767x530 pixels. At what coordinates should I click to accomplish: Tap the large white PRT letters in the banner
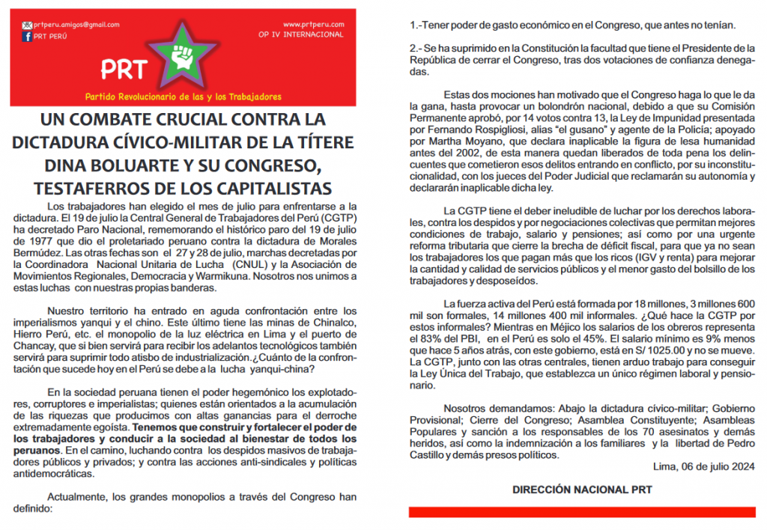point(124,70)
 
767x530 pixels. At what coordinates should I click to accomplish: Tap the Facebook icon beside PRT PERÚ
point(27,36)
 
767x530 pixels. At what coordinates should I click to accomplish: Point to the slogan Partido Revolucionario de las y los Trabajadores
point(184,97)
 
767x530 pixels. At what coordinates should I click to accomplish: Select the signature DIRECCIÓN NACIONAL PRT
point(581,490)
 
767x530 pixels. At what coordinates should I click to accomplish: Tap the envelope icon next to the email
point(27,25)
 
